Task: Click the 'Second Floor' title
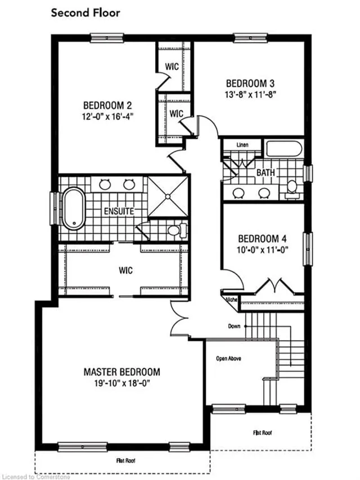click(85, 14)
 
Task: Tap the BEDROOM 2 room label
click(107, 105)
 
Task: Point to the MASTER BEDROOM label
click(121, 372)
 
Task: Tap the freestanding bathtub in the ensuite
click(73, 208)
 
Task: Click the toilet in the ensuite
click(177, 230)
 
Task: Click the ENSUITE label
click(119, 212)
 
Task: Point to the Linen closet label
click(242, 145)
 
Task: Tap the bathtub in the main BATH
click(285, 149)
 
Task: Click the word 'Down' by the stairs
click(235, 326)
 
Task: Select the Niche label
click(230, 300)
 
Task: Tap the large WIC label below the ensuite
click(125, 271)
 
